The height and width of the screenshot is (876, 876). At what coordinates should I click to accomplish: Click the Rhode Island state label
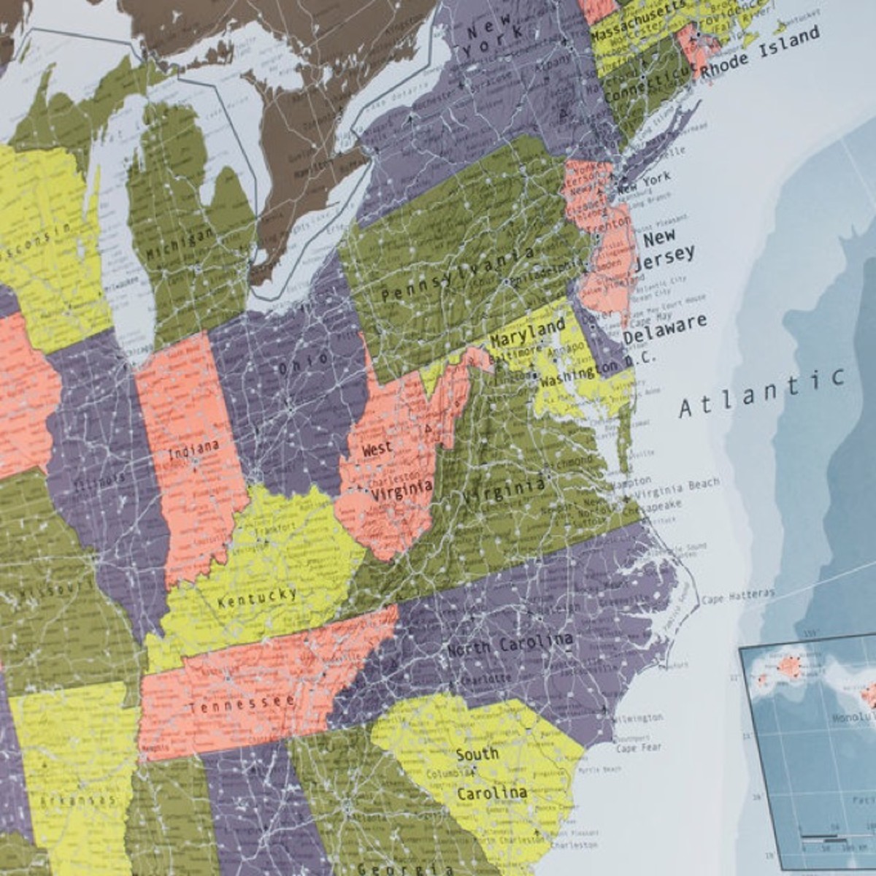click(x=760, y=50)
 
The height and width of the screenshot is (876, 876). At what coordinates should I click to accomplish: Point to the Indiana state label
click(x=193, y=449)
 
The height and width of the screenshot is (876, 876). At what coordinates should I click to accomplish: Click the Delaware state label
click(x=664, y=328)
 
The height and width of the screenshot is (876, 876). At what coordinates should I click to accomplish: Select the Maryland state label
click(x=527, y=332)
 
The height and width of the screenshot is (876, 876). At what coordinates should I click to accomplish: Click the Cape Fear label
click(x=638, y=748)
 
